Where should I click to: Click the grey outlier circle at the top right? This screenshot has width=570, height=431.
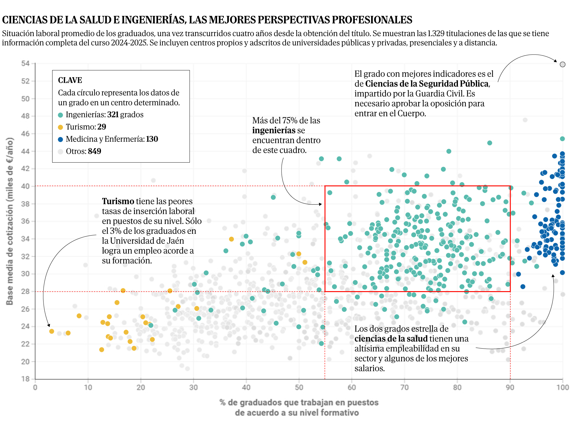point(563,64)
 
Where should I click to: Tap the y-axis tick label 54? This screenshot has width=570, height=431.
point(25,63)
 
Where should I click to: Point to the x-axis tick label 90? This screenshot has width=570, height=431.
point(510,387)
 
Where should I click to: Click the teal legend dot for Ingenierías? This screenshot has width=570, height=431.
point(61,115)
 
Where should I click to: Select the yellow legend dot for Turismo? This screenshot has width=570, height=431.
point(61,127)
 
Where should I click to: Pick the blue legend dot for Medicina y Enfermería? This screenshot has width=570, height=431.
point(61,140)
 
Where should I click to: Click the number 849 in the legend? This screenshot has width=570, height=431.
point(94,151)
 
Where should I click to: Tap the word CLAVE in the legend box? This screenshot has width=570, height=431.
point(70,80)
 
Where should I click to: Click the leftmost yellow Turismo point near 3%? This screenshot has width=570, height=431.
point(52,331)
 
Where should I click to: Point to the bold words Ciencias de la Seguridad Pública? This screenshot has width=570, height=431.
point(427,84)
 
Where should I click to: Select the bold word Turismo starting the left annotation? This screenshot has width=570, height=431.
point(118,201)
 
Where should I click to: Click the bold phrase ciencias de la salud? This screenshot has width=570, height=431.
point(391,339)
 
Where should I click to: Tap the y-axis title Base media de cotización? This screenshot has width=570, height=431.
point(10,221)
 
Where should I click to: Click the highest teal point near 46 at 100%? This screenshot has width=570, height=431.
point(562,139)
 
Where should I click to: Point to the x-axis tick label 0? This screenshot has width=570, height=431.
point(35,387)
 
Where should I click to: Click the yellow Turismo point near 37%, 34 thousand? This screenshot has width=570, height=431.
point(231,239)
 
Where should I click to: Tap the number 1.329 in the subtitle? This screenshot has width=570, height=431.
point(436,33)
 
